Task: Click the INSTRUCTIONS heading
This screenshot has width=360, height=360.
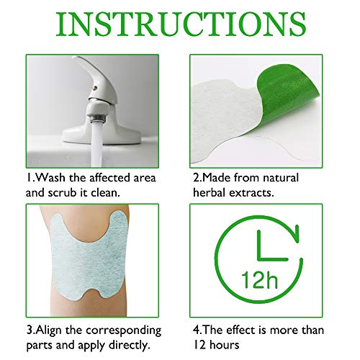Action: (181, 24)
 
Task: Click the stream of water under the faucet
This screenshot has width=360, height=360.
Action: (96, 144)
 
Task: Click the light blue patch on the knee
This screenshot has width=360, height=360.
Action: (89, 257)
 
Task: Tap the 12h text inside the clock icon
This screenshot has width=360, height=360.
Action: (259, 280)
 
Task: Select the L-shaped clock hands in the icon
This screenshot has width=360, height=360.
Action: (269, 250)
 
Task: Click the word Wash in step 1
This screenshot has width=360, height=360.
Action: (50, 178)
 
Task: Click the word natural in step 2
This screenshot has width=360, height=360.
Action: (281, 178)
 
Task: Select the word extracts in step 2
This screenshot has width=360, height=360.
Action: (251, 193)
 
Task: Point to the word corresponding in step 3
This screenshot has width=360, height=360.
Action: (124, 331)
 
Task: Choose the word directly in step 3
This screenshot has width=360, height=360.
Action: (130, 346)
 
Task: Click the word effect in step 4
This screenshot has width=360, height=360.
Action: (241, 330)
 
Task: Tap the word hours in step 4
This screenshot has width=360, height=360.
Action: (225, 345)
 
